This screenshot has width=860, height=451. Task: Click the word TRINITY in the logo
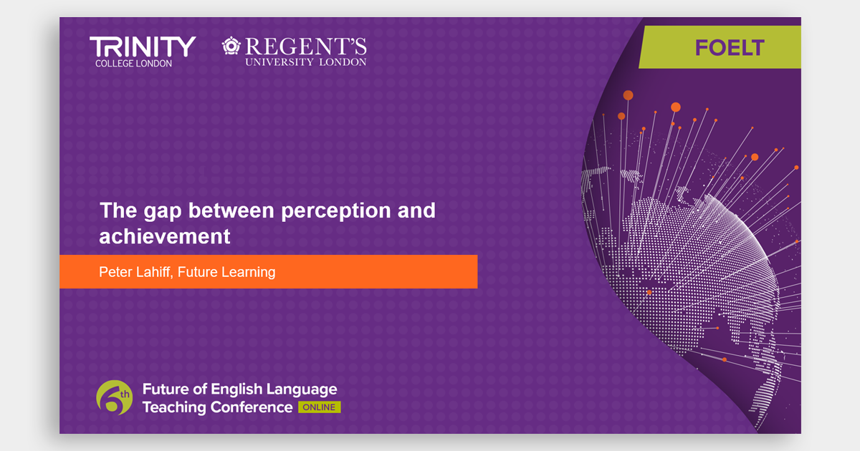point(143,47)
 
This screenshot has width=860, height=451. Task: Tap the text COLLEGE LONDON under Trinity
point(133,64)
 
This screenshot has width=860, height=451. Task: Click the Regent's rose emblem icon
point(231,46)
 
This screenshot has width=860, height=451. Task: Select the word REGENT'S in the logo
point(305,47)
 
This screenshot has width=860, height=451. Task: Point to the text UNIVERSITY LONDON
point(306,62)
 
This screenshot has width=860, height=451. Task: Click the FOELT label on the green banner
point(730,48)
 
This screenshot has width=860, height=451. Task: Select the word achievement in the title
point(165,236)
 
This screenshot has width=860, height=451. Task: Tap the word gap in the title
point(163,212)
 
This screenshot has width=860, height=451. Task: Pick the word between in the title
point(231,210)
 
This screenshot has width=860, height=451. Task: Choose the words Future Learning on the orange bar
point(226,272)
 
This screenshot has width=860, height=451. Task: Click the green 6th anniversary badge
point(115,398)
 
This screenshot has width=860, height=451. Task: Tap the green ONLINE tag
point(320,407)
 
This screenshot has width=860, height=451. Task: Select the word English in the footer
point(236,389)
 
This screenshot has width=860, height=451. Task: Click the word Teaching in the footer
point(175,407)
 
